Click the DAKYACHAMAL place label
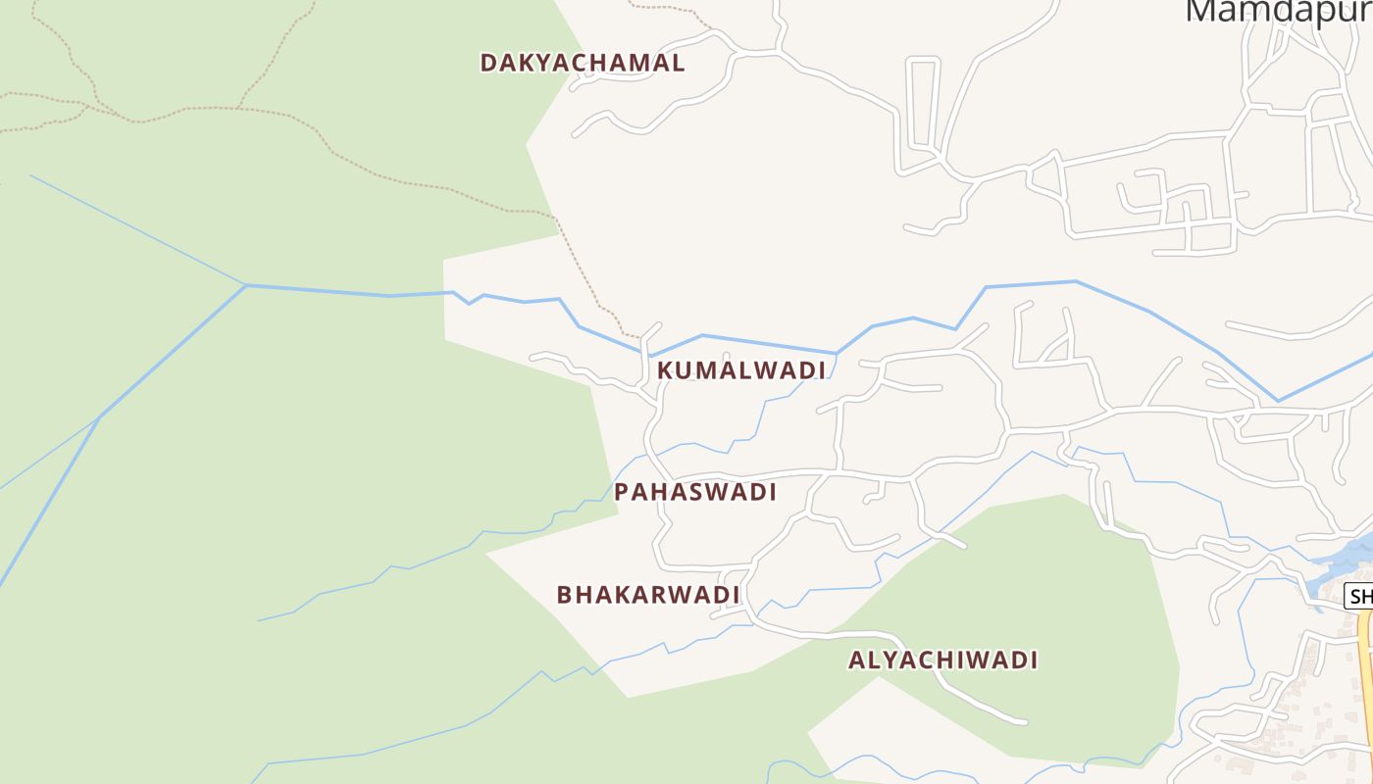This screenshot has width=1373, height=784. coord(582,63)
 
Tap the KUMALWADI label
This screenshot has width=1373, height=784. coord(740,370)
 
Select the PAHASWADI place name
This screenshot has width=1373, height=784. coord(695,492)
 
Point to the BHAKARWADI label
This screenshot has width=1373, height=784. coord(647,595)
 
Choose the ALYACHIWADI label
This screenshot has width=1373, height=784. coord(942,660)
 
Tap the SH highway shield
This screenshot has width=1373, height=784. coord(1359,596)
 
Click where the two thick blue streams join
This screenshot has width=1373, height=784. coord(245,285)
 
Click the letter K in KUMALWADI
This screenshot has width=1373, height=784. coord(665,370)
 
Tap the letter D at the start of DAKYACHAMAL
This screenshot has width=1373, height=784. coord(487,63)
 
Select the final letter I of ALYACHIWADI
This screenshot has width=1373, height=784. coord(1033,660)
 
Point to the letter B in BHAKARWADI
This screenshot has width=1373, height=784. coord(564,595)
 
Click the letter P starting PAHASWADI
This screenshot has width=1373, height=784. coord(622,492)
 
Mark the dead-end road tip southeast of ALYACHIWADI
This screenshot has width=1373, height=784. coord(1025,722)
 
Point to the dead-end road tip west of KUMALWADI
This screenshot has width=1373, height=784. coord(533,356)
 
